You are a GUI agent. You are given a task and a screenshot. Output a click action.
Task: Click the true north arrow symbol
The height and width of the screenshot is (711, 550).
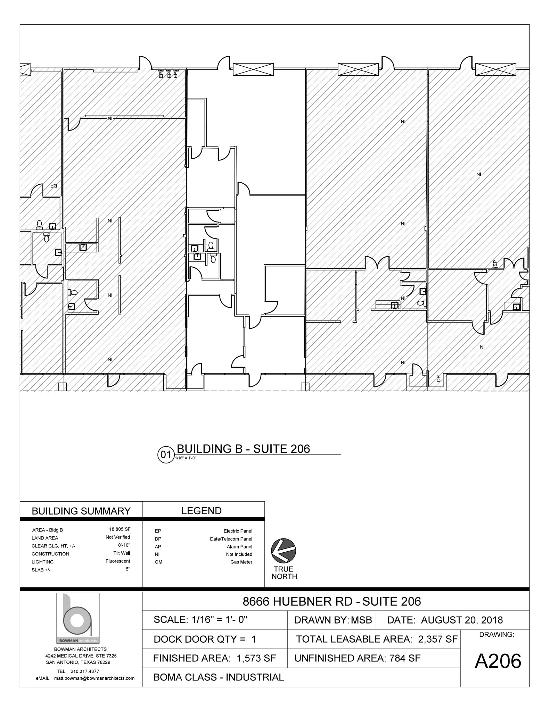tap(284, 551)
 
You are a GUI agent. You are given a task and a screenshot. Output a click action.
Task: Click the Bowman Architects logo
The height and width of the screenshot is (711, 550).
tap(78, 618)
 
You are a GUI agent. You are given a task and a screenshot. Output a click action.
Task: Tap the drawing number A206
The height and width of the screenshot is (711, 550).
tap(498, 661)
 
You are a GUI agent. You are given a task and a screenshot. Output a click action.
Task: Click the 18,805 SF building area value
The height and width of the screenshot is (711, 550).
tap(120, 529)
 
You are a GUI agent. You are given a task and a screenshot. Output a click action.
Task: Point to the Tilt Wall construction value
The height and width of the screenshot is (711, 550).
tap(122, 553)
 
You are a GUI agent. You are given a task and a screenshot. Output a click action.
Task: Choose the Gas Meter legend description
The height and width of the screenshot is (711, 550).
tap(241, 562)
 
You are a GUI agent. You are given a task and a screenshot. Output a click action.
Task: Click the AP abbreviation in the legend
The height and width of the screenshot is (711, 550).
tap(158, 547)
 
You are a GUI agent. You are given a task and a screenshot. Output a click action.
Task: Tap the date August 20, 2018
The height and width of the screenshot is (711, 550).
tap(462, 620)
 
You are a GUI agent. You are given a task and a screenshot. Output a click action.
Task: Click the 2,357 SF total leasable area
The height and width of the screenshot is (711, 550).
tap(438, 639)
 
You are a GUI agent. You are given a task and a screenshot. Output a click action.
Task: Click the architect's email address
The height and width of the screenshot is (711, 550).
tap(94, 678)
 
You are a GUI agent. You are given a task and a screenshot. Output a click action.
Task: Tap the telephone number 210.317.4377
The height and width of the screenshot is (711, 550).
tap(85, 671)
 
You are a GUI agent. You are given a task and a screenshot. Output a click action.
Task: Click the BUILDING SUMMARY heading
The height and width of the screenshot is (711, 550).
tap(81, 511)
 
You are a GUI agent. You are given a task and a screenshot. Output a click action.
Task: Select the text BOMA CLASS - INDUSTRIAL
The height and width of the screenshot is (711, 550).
tap(219, 677)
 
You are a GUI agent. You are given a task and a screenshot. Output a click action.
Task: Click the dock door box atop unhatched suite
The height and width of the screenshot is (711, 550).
tap(253, 69)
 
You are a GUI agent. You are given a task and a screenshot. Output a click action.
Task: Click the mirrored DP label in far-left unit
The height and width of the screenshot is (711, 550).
tap(53, 186)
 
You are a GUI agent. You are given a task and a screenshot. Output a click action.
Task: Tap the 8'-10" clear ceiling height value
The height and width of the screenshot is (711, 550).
tap(124, 545)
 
